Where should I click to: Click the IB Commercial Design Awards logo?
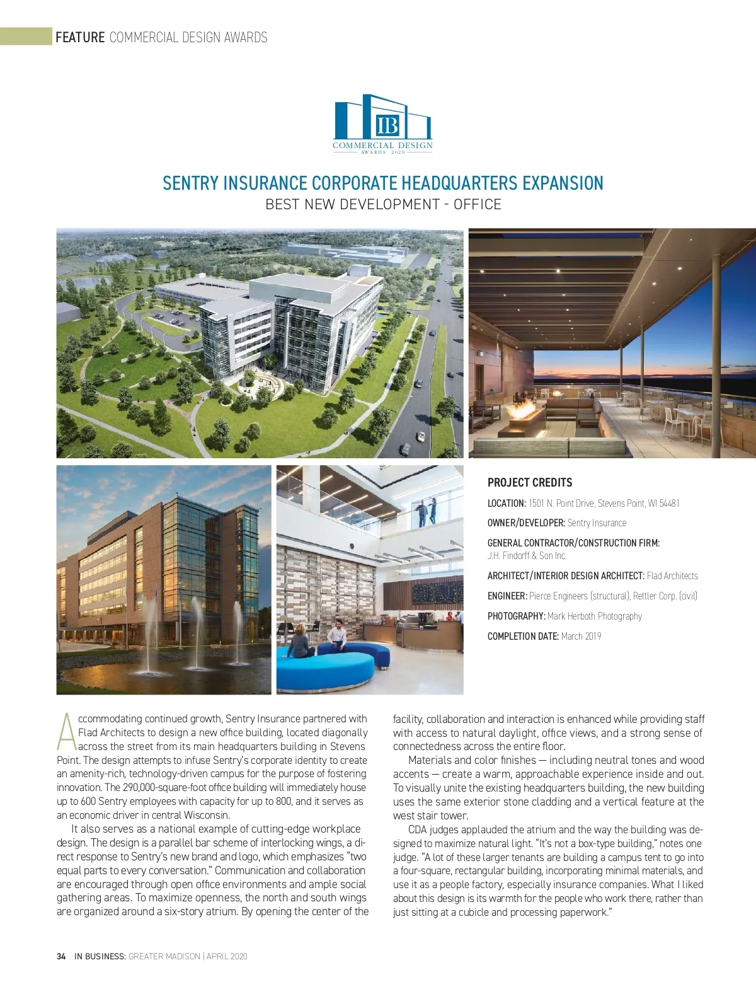click(382, 124)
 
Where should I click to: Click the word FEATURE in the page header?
click(80, 37)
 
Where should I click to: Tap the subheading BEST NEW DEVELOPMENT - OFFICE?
click(383, 205)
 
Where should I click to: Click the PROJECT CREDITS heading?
click(530, 483)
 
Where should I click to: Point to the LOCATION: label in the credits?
click(507, 503)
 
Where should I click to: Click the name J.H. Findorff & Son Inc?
click(527, 556)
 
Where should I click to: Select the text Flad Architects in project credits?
click(672, 576)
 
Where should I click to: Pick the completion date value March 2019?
click(581, 637)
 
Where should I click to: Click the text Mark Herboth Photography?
click(595, 616)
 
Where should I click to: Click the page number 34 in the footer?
click(61, 956)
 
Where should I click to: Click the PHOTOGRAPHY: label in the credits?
click(516, 616)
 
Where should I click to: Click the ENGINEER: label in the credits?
click(507, 596)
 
